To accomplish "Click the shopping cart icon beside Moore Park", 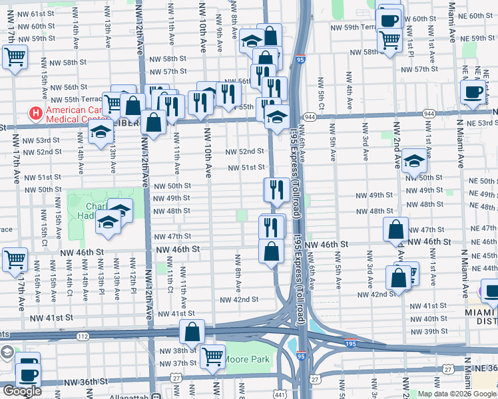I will tap(212, 356).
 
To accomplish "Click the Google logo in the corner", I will tap(22, 391).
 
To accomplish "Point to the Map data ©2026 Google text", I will tap(456, 394).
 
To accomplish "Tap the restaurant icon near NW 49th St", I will tap(276, 190).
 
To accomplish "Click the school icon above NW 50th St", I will tap(414, 161).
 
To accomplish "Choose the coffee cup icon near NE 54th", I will tap(473, 93).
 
